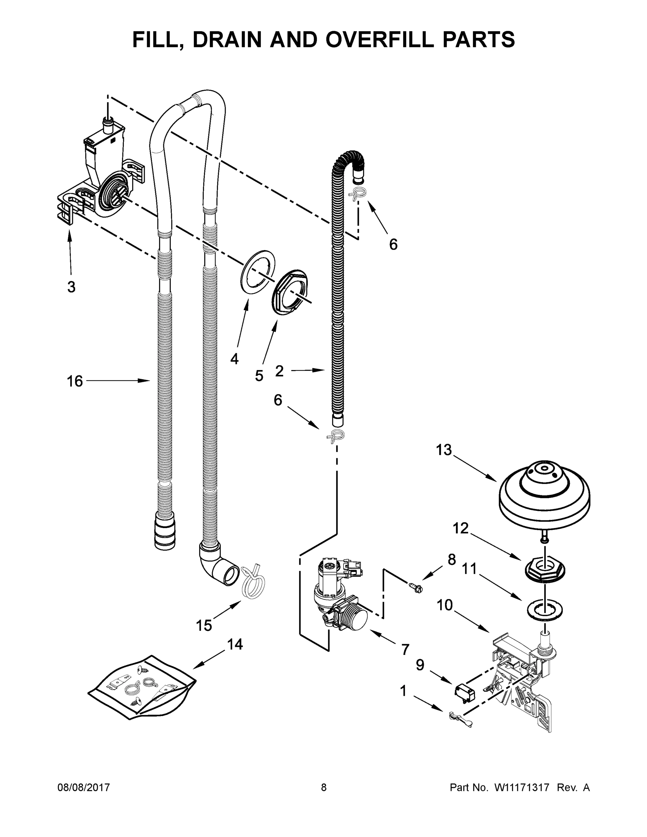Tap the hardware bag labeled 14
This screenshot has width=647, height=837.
[142, 688]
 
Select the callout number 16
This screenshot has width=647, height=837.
[75, 381]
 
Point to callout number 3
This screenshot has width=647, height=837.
[71, 287]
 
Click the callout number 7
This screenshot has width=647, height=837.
[405, 650]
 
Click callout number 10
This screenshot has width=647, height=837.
[445, 605]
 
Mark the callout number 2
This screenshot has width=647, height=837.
[279, 371]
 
